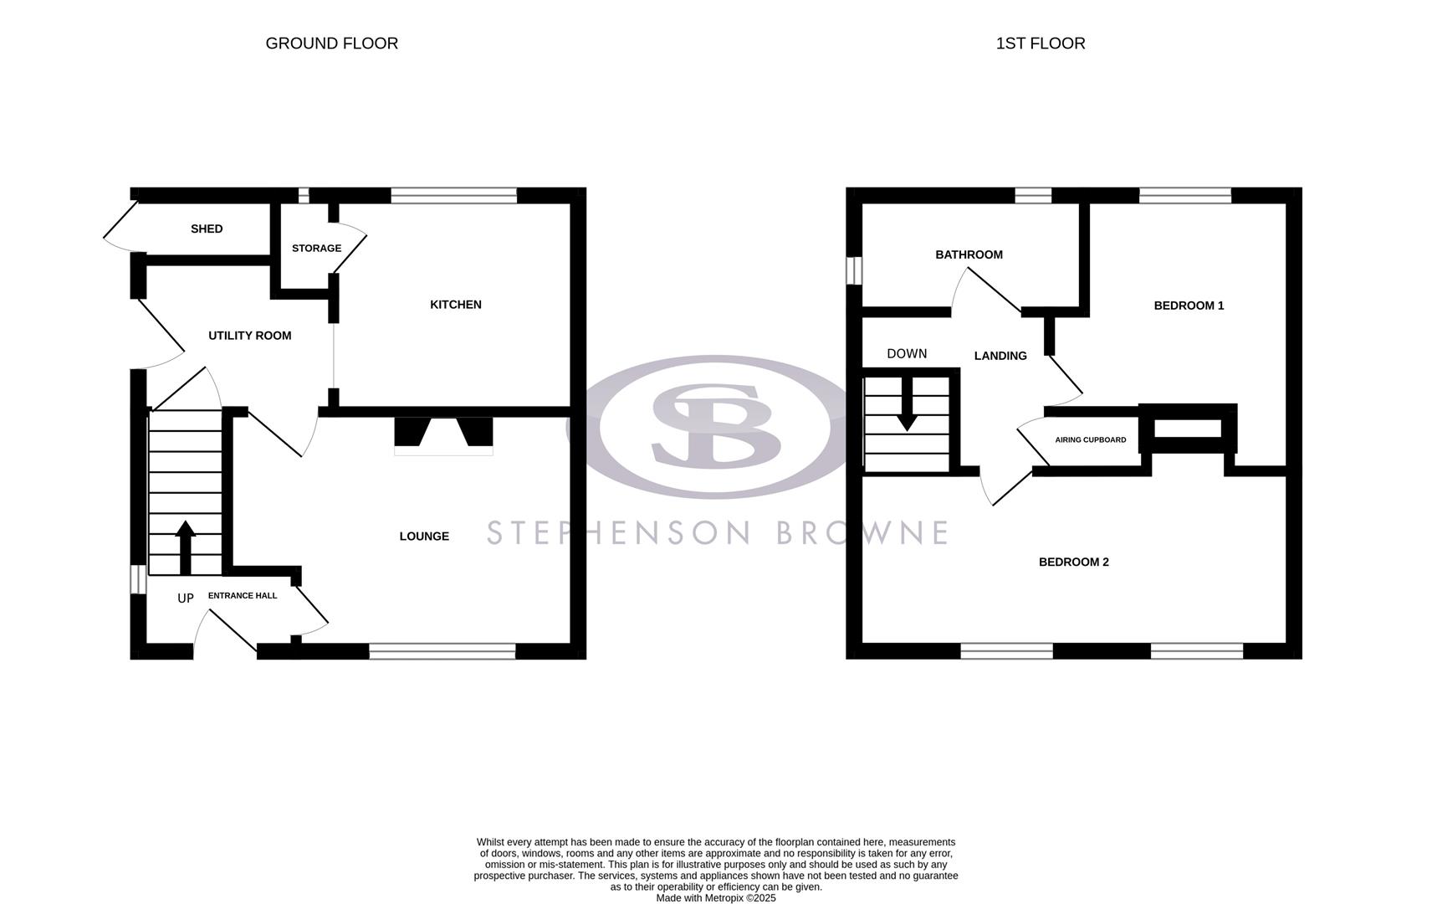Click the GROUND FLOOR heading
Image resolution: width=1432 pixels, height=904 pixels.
click(x=331, y=44)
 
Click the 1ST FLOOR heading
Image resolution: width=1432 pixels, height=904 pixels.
click(x=1040, y=44)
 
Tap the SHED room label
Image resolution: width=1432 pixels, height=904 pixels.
click(x=207, y=229)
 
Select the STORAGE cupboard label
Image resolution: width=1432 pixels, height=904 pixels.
click(x=316, y=249)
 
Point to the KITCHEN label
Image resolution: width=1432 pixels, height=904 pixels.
click(x=455, y=305)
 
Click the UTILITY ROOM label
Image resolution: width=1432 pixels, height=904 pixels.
click(x=249, y=336)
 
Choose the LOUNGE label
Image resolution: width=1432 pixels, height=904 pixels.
click(x=424, y=537)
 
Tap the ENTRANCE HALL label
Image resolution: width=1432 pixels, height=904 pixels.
click(x=242, y=596)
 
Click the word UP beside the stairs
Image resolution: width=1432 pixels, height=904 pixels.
click(x=186, y=598)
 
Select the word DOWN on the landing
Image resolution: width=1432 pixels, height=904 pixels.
click(x=907, y=354)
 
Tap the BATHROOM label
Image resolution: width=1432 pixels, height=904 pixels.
click(x=969, y=254)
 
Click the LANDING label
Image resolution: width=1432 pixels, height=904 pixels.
click(x=1000, y=356)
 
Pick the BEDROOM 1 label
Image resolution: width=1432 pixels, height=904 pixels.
click(x=1189, y=306)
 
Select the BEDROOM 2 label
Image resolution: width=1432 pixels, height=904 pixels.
click(x=1073, y=562)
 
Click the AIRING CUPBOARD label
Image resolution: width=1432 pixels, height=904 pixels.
click(x=1090, y=440)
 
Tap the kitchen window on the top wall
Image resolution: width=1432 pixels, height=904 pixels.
click(x=453, y=196)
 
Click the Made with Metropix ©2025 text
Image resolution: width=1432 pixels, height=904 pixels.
click(x=715, y=898)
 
